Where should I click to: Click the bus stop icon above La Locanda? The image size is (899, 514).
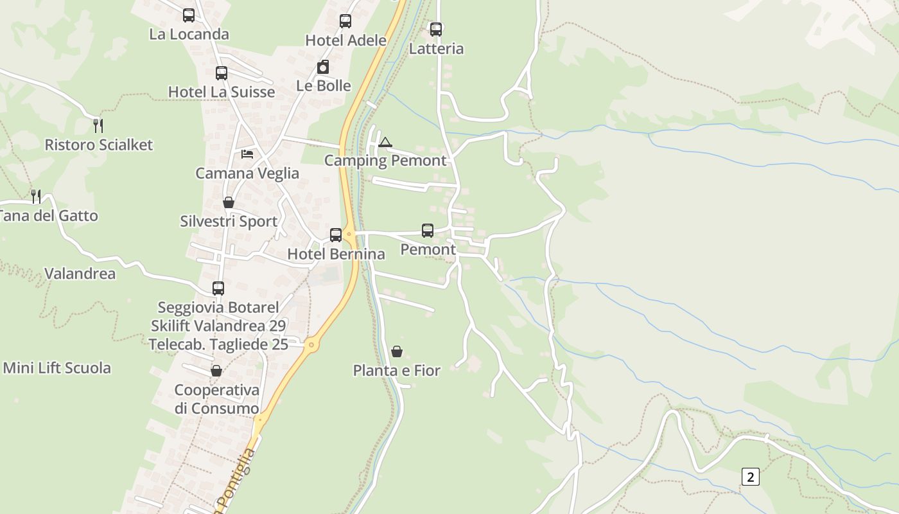(188, 15)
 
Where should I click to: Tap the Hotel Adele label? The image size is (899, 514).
(345, 40)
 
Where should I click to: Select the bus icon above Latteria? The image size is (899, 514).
(436, 29)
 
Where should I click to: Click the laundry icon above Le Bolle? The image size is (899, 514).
(323, 67)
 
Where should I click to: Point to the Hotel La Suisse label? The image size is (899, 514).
(222, 92)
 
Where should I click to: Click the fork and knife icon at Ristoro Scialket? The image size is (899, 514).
(98, 125)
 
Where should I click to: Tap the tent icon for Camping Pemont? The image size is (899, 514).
(385, 142)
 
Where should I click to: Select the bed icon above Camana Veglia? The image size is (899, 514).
(247, 154)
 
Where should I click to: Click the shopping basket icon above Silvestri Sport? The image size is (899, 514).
(229, 202)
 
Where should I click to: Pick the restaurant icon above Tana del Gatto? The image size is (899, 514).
(36, 196)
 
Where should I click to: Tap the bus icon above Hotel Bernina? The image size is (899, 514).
(336, 235)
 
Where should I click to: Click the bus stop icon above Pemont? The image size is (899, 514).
(428, 230)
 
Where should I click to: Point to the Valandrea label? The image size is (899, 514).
(80, 274)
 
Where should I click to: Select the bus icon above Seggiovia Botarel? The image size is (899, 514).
(218, 288)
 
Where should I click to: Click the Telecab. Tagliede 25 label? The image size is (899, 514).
(218, 344)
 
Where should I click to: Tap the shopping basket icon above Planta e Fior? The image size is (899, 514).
(397, 351)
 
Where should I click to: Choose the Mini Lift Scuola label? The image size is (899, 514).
(57, 368)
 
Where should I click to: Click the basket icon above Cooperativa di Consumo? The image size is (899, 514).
(216, 371)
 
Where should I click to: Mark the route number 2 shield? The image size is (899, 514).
(750, 477)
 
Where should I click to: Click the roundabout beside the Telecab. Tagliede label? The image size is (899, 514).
(312, 344)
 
